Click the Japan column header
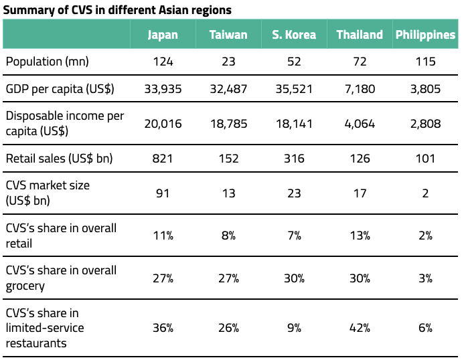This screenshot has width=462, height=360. click(163, 35)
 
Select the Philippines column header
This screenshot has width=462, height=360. click(425, 35)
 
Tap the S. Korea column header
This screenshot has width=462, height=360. click(294, 35)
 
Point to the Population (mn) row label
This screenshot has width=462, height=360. click(48, 62)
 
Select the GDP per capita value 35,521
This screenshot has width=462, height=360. click(294, 89)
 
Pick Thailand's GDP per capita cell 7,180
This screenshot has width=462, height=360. click(360, 89)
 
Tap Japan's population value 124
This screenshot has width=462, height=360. click(163, 62)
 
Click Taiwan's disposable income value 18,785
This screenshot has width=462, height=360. click(228, 123)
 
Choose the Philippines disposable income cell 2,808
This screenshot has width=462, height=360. click(425, 123)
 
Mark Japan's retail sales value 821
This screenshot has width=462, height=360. click(163, 159)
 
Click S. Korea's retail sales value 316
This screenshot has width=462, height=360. click(294, 159)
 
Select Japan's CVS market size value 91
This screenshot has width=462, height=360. click(163, 193)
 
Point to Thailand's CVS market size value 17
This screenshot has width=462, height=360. click(360, 193)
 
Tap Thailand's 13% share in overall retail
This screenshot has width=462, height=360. click(360, 235)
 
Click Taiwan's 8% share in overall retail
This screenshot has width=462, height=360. click(228, 235)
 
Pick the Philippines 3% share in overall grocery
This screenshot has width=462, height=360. click(425, 277)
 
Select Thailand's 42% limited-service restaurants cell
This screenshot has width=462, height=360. click(360, 328)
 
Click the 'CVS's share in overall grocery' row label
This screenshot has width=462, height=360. click(61, 277)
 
